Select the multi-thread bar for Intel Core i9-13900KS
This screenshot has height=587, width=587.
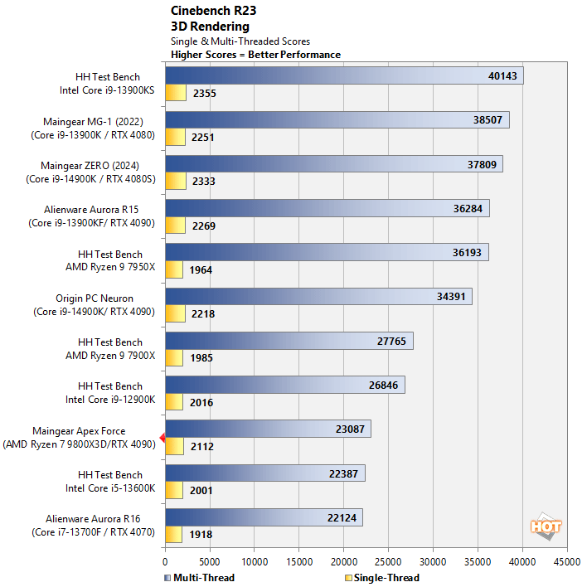pyautogui.click(x=344, y=76)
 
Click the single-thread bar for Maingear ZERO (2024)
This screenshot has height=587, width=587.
pyautogui.click(x=175, y=181)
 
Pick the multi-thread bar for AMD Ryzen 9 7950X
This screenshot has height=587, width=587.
pyautogui.click(x=327, y=252)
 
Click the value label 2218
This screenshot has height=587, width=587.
pyautogui.click(x=203, y=314)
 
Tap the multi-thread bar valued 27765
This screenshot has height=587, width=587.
pyautogui.click(x=289, y=341)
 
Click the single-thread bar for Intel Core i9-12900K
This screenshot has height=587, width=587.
pyautogui.click(x=174, y=402)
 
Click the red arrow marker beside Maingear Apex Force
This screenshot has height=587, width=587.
pyautogui.click(x=163, y=438)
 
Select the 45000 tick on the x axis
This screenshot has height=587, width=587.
pyautogui.click(x=567, y=560)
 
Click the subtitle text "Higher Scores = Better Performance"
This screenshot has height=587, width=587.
pyautogui.click(x=255, y=55)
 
